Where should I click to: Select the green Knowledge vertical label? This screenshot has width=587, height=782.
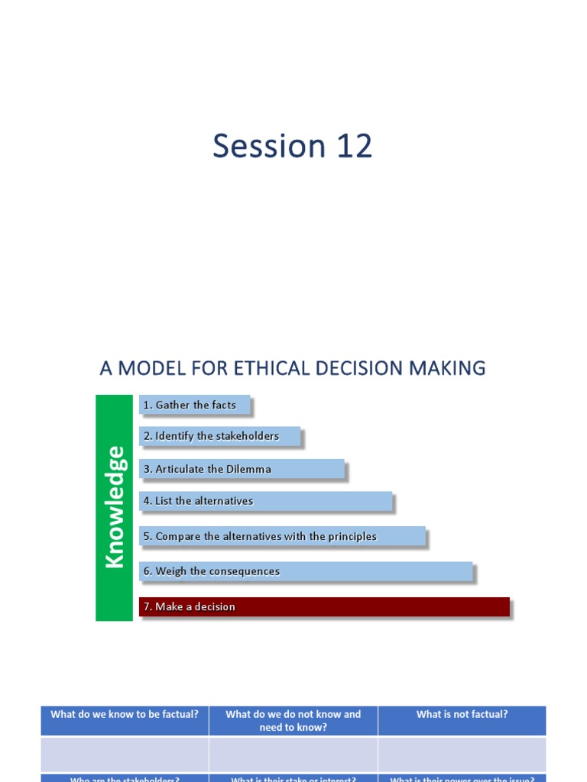pyautogui.click(x=114, y=507)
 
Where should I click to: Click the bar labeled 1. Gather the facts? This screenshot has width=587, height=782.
pyautogui.click(x=195, y=406)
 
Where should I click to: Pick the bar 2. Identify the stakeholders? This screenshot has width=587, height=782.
pyautogui.click(x=220, y=437)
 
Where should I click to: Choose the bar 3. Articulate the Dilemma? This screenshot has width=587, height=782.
pyautogui.click(x=242, y=470)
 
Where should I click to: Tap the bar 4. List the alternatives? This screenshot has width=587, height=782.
pyautogui.click(x=266, y=502)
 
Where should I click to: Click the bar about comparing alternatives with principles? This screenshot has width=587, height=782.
pyautogui.click(x=282, y=537)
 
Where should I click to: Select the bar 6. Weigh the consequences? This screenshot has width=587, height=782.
pyautogui.click(x=306, y=572)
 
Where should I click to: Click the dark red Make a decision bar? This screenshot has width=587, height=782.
pyautogui.click(x=324, y=607)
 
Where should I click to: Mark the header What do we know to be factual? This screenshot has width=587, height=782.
pyautogui.click(x=125, y=716)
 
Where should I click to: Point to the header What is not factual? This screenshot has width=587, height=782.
pyautogui.click(x=462, y=716)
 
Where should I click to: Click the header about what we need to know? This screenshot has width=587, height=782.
pyautogui.click(x=293, y=721)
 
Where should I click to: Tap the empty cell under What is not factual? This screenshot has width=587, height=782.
pyautogui.click(x=462, y=754)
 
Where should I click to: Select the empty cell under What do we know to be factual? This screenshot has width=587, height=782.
pyautogui.click(x=125, y=754)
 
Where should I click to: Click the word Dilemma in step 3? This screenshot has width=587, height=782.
pyautogui.click(x=248, y=470)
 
